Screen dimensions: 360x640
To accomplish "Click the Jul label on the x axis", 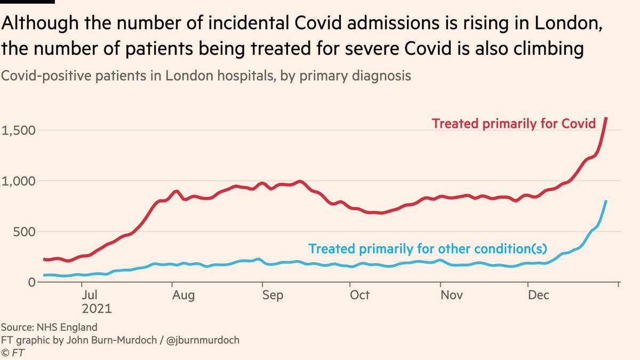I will click(x=89, y=295).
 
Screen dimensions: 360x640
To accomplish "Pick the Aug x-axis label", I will click(x=184, y=295).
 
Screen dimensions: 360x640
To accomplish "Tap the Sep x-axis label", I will click(x=273, y=295).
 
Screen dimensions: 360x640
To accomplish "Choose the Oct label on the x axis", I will click(x=360, y=295).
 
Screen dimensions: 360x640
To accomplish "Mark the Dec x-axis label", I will click(x=538, y=295).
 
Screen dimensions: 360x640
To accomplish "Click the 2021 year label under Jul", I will click(x=97, y=308).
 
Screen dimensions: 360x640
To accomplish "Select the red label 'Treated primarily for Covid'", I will click(x=514, y=124).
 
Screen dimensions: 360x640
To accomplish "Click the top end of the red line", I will click(x=606, y=118).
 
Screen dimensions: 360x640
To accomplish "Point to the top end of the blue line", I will click(x=606, y=201).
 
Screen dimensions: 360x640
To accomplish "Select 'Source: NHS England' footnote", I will click(x=49, y=327).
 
